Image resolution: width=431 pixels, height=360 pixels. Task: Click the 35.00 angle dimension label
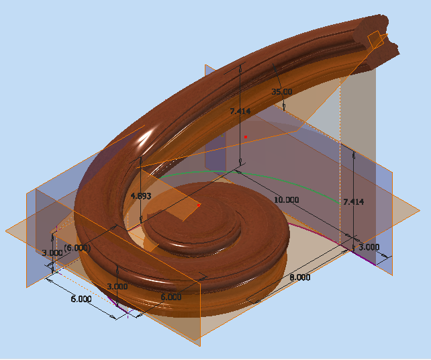[281, 91]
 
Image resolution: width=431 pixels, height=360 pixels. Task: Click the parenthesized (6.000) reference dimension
[77, 229]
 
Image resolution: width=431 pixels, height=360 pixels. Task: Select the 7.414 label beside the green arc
[353, 201]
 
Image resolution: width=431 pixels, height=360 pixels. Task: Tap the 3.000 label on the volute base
[118, 286]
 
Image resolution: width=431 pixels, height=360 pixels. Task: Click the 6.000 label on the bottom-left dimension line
[81, 300]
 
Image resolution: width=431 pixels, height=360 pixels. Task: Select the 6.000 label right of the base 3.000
[171, 297]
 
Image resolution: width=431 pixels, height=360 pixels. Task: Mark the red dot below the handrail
[246, 137]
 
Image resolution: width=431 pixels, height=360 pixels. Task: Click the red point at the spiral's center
[199, 205]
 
